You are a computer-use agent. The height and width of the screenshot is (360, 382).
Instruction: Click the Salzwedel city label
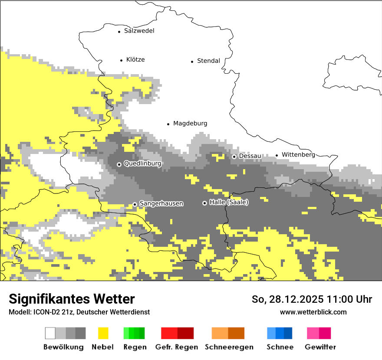(x=139, y=31)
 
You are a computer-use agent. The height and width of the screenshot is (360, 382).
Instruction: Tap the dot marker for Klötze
(x=121, y=60)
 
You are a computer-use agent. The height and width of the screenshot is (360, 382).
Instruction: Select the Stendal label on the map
(x=208, y=61)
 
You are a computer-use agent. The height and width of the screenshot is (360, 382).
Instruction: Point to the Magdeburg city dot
(x=168, y=124)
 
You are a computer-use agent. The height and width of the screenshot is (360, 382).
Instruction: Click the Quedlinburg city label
(x=142, y=164)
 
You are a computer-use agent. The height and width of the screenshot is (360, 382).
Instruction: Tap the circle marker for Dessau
(x=234, y=157)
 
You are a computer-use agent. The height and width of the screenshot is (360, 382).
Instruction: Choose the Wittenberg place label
(x=298, y=154)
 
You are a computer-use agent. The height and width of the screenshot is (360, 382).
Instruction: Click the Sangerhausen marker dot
(x=135, y=204)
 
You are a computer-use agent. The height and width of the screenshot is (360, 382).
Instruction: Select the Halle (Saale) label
(x=229, y=203)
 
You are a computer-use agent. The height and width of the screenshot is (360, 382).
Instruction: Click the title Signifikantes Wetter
(x=72, y=299)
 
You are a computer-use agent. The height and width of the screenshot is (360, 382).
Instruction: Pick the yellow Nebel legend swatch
(x=103, y=333)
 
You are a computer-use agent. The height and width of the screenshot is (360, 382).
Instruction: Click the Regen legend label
(x=135, y=347)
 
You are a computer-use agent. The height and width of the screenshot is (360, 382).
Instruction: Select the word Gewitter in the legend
(x=320, y=347)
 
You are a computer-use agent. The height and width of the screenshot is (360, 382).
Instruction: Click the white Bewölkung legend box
(x=50, y=333)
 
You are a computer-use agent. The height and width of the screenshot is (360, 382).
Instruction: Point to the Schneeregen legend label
(x=229, y=347)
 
